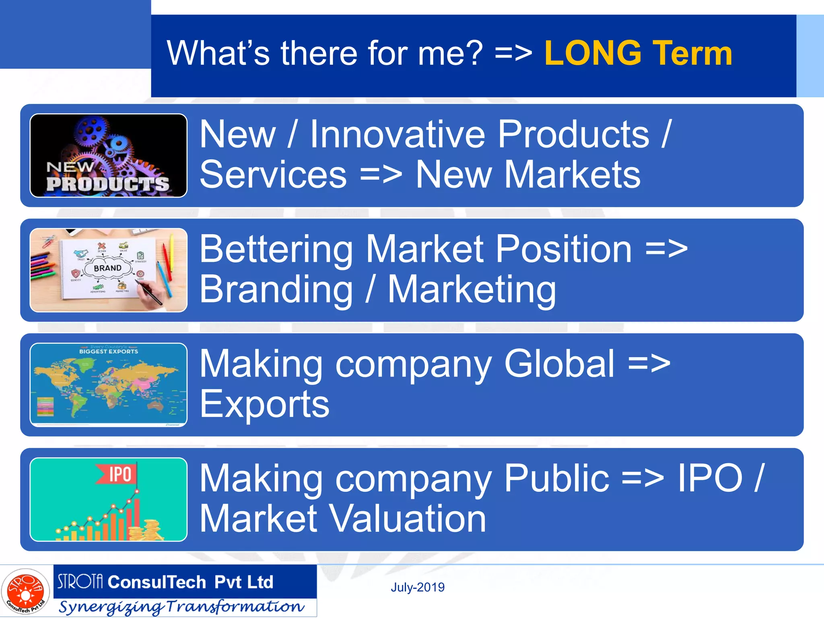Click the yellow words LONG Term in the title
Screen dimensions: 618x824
pos(638,53)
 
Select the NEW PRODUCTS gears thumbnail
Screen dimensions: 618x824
pos(108,155)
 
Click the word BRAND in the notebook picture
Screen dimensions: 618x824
pos(107,268)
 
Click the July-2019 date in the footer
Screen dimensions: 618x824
pos(418,587)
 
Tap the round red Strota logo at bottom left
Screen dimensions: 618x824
pos(25,591)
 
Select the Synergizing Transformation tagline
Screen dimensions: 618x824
pos(181,607)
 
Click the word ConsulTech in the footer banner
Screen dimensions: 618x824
pos(157,582)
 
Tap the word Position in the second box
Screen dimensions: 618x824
pos(563,249)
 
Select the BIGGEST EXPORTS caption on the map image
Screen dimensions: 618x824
pos(109,351)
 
